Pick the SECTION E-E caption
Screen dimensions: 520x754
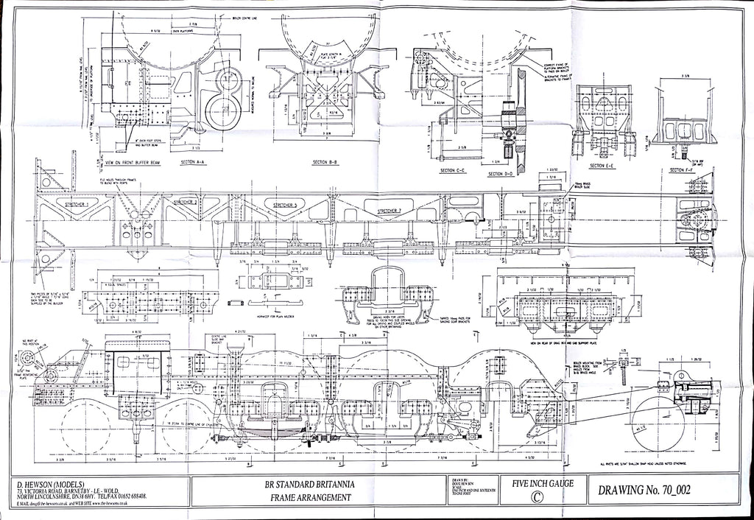(602, 166)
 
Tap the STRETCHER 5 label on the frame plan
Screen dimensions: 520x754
(284, 205)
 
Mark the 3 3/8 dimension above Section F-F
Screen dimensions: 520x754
(686, 76)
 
